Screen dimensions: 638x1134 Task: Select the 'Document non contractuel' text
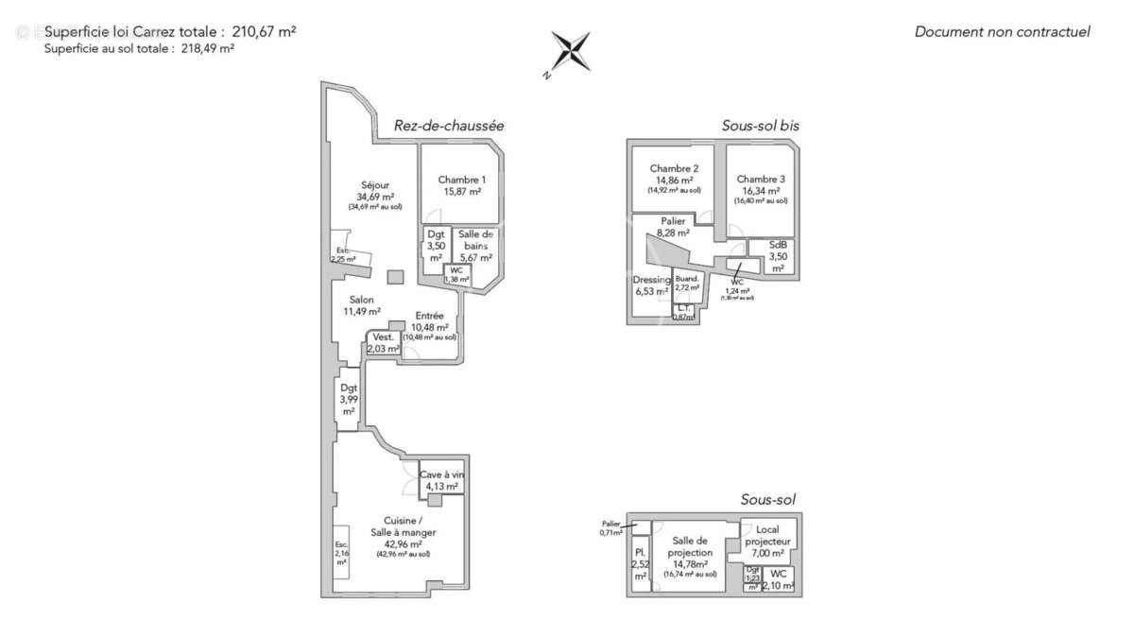point(1002,32)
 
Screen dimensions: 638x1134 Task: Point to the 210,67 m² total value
point(264,31)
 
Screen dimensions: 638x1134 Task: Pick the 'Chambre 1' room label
point(462,181)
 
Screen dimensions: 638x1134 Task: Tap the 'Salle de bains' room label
point(475,240)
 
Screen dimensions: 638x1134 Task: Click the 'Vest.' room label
point(383,337)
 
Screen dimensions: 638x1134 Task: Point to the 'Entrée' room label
point(430,317)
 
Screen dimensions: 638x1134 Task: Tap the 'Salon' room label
point(362,301)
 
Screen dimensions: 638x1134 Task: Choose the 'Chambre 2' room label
point(674,169)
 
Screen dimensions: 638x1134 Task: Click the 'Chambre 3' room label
point(761,180)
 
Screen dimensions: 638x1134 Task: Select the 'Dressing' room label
point(650,280)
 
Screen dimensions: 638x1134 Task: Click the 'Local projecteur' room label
point(767,536)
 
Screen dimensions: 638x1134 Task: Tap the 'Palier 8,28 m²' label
point(673,221)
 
